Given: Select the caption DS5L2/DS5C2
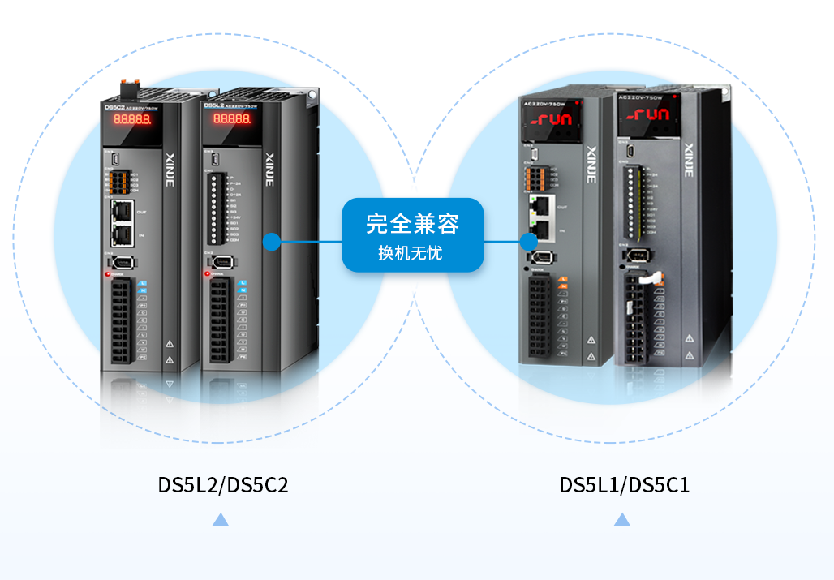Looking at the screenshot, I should pos(223,485).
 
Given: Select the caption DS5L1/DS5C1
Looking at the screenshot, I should pos(625,485).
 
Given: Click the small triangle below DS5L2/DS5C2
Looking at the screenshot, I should pos(220,520).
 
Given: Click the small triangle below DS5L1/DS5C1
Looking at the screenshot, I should pos(622,520).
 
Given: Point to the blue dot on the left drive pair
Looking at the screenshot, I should pos(272,241).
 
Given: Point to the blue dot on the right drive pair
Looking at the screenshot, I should pos(529,241).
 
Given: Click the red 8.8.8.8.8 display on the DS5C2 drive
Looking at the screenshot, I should pos(131,119).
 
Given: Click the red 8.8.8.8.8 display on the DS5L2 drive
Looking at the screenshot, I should pos(231,119).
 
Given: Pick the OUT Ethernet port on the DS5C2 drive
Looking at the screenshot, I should pos(122,211).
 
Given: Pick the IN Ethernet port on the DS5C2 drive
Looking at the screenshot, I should pos(122,234).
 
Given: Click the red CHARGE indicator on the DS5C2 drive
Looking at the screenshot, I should pos(107,274).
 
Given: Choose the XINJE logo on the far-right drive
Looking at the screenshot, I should pos(689,161).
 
